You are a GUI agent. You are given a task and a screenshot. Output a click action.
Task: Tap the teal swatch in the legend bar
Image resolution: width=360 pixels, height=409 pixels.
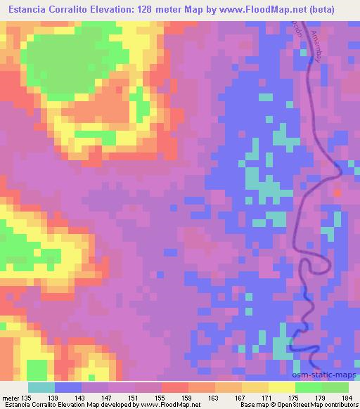pos(41,387)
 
